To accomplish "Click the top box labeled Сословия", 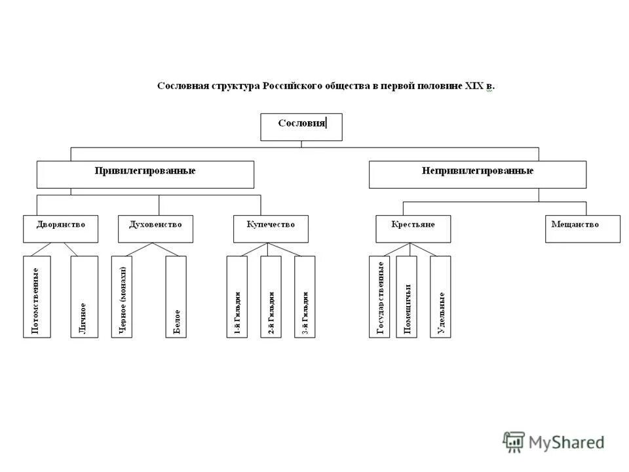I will pyautogui.click(x=301, y=127).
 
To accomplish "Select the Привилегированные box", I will pyautogui.click(x=145, y=174).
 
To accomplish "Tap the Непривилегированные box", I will pyautogui.click(x=477, y=174).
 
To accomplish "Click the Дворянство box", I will pyautogui.click(x=61, y=229).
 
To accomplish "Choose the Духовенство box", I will pyautogui.click(x=155, y=229).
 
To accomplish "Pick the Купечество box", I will pyautogui.click(x=271, y=229).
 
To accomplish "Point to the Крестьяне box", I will pyautogui.click(x=413, y=229).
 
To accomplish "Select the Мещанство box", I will pyautogui.click(x=582, y=229).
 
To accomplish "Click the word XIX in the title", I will pyautogui.click(x=473, y=86).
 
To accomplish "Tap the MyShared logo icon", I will pyautogui.click(x=514, y=442).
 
